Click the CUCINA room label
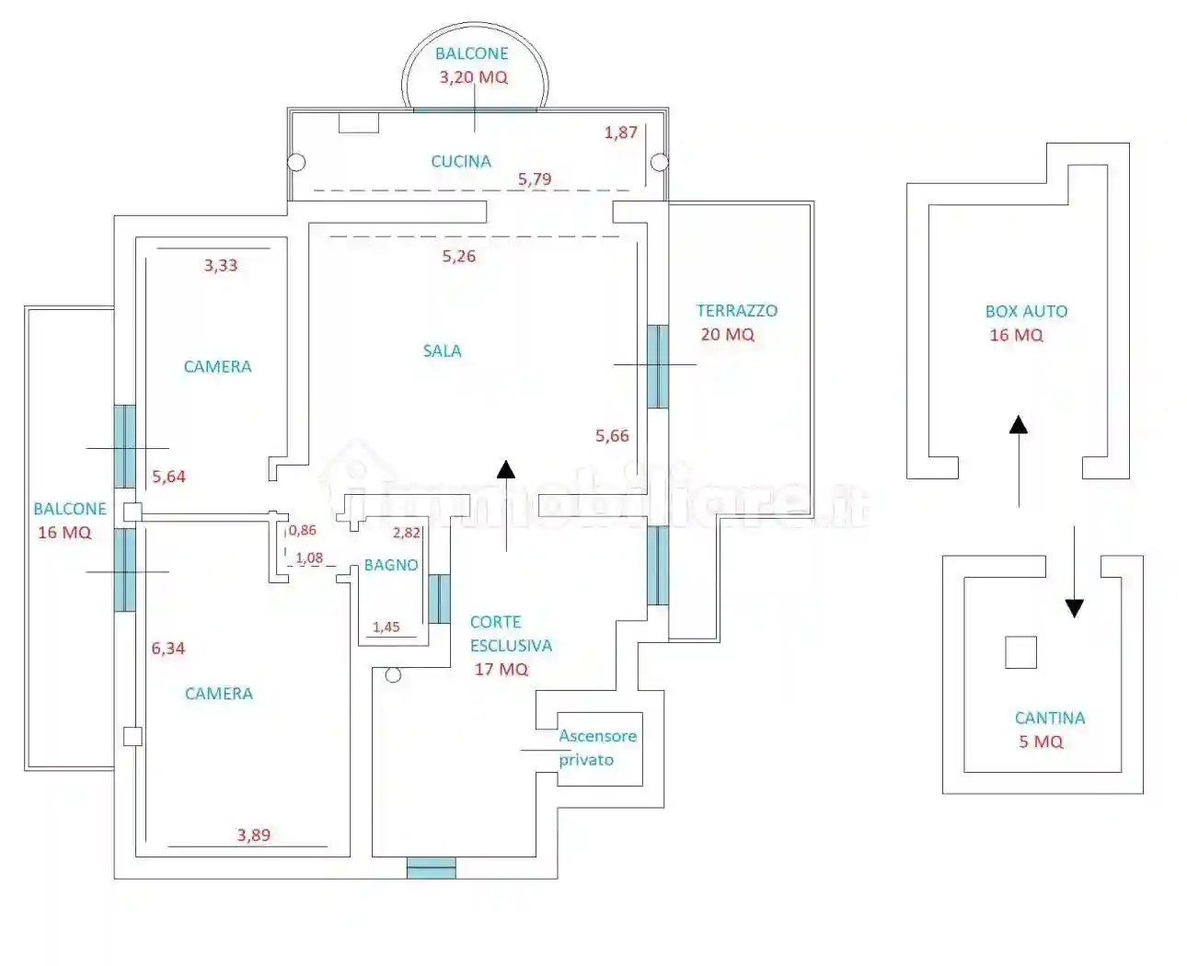pos(461,161)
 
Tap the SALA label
pos(442,351)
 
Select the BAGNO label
pos(391,565)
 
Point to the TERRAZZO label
pos(736,311)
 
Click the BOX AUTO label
pos(1026,312)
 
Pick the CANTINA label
pos(1049,718)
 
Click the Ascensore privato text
pos(597,747)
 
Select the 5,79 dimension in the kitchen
pos(535,179)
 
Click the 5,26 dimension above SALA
pos(459,257)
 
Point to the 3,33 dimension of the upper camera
pos(221,266)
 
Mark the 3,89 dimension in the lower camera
pos(254,835)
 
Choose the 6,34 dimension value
pos(168,649)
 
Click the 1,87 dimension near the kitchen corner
pos(621,132)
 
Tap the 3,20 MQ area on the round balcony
pos(473,77)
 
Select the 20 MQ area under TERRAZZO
pos(727,335)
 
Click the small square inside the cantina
pos(1020,652)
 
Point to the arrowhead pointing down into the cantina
pos(1074,608)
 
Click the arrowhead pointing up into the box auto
pos(1018,424)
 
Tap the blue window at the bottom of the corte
pos(431,868)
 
